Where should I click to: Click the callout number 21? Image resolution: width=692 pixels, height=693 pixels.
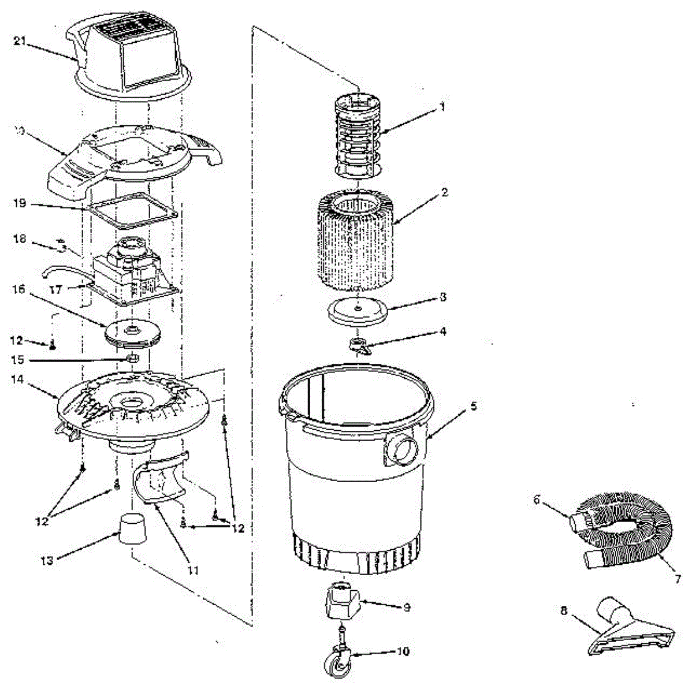coord(20,41)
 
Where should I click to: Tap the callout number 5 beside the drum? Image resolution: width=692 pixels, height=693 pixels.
coord(473,406)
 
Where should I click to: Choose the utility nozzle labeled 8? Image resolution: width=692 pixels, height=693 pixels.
coord(630,634)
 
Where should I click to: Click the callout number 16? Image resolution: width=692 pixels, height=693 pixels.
coord(19,289)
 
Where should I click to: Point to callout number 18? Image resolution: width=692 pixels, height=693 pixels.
coord(20,239)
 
